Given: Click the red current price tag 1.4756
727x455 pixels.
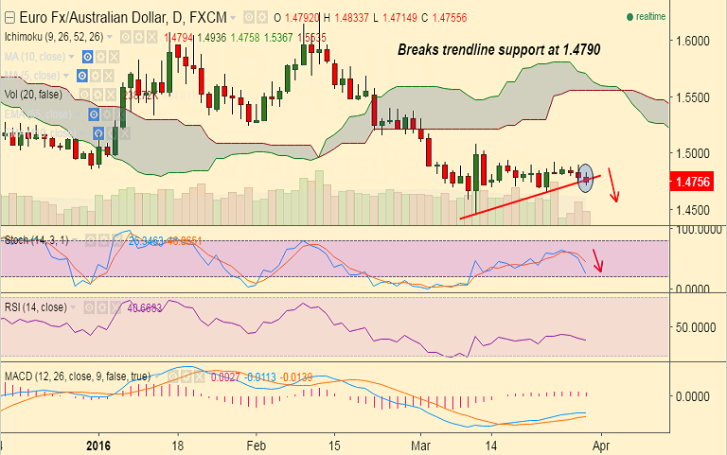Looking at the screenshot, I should pyautogui.click(x=695, y=182).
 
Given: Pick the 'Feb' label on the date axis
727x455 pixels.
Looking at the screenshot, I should pyautogui.click(x=256, y=443).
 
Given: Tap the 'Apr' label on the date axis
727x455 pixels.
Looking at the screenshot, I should pyautogui.click(x=600, y=443).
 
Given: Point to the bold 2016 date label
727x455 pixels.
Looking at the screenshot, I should pyautogui.click(x=98, y=443).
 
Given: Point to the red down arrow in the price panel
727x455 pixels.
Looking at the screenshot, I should pyautogui.click(x=613, y=184).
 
